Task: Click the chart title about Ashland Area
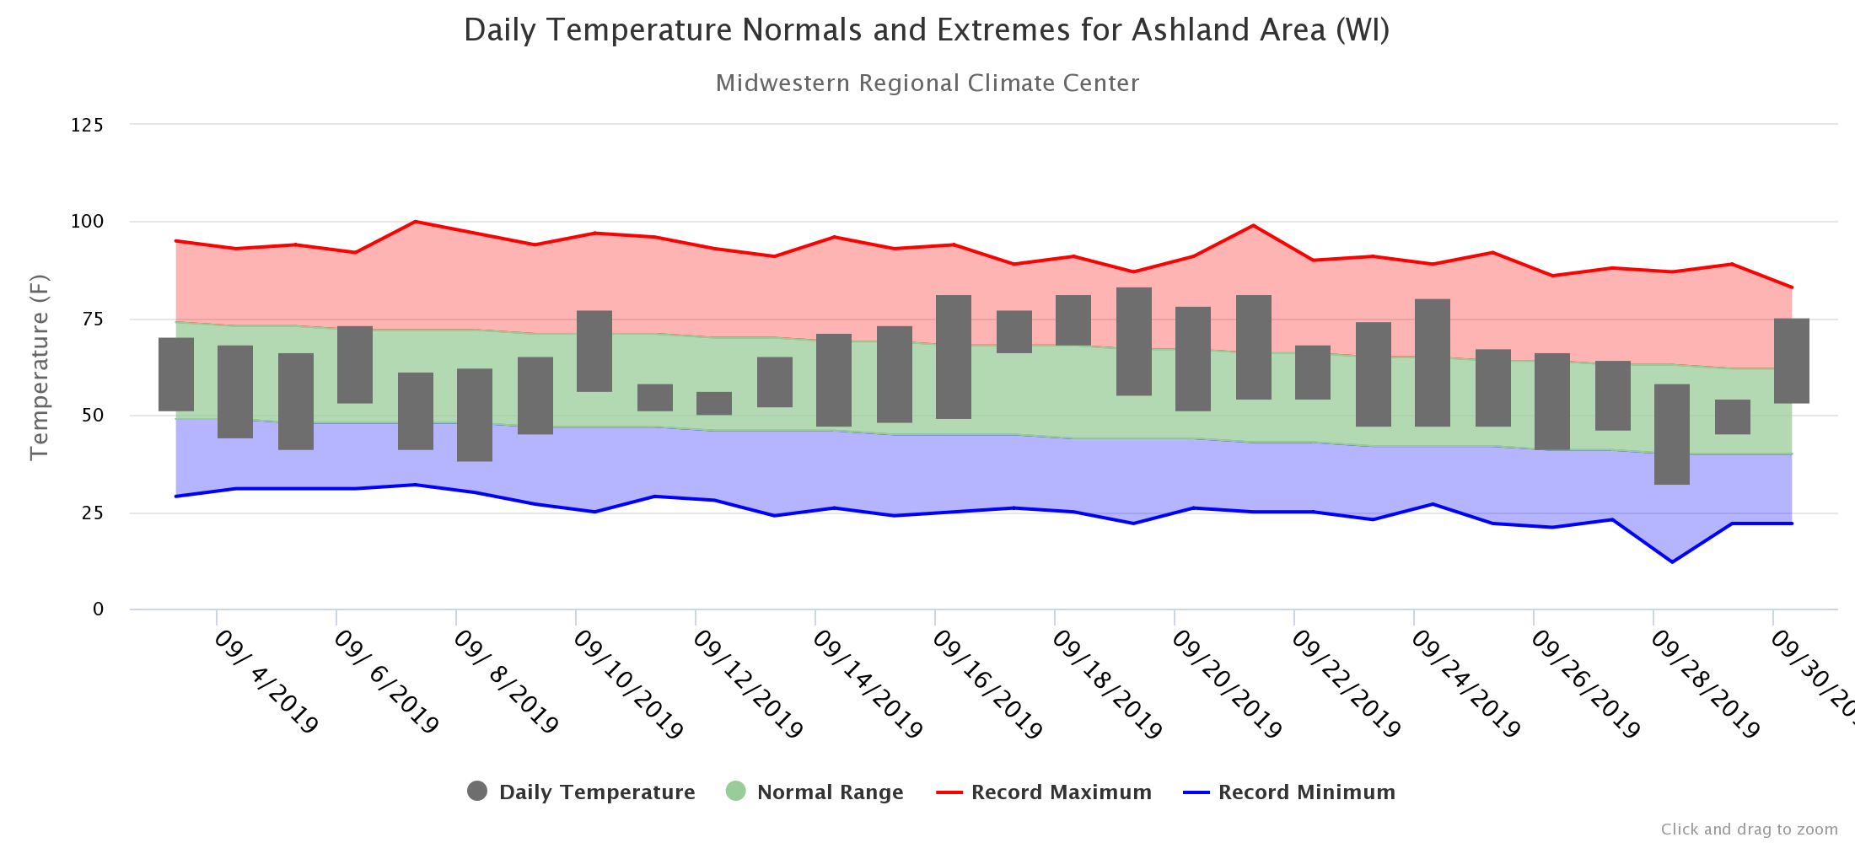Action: click(927, 30)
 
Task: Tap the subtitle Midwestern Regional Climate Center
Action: click(927, 83)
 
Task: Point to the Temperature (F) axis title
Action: click(39, 367)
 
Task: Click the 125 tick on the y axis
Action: click(87, 125)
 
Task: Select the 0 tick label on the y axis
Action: click(99, 609)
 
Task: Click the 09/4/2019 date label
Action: click(266, 682)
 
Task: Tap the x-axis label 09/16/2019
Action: click(987, 685)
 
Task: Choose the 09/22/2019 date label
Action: click(1346, 685)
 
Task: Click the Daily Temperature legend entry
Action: click(581, 792)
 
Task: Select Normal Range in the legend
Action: click(815, 792)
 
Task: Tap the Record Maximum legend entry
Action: click(1044, 792)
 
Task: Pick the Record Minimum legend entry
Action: click(1289, 792)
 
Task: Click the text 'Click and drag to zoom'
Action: click(1750, 830)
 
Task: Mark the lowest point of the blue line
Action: click(1672, 561)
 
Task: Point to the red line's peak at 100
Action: click(415, 222)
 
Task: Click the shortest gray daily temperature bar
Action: click(714, 404)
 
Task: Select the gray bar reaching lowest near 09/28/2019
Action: click(1672, 434)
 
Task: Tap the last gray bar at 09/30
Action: click(1792, 361)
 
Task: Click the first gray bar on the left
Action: click(176, 374)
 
